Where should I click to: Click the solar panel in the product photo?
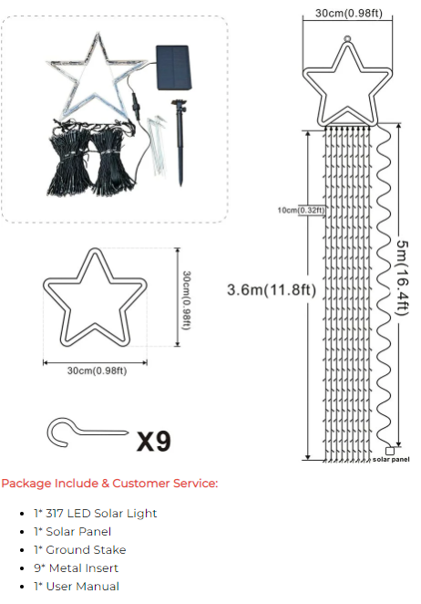click(173, 68)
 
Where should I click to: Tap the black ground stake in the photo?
click(180, 142)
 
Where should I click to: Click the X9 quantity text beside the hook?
click(153, 441)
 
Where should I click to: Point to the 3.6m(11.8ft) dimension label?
click(272, 289)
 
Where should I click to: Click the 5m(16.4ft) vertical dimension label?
click(402, 277)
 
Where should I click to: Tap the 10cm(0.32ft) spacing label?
click(301, 210)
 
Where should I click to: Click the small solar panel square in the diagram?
click(390, 451)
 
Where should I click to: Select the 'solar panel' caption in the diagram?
click(391, 459)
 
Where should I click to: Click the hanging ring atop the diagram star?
click(347, 39)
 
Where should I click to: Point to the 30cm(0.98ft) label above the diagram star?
click(349, 13)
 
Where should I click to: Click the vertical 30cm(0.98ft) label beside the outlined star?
click(186, 300)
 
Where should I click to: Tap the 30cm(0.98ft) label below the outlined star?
click(97, 370)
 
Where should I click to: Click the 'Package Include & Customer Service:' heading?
click(109, 483)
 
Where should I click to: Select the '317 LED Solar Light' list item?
click(95, 513)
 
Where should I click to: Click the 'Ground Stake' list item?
click(79, 549)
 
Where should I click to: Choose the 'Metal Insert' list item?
click(76, 568)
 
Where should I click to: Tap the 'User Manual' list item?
click(77, 587)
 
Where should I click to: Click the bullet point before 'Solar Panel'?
click(22, 532)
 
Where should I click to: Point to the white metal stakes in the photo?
click(157, 144)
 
